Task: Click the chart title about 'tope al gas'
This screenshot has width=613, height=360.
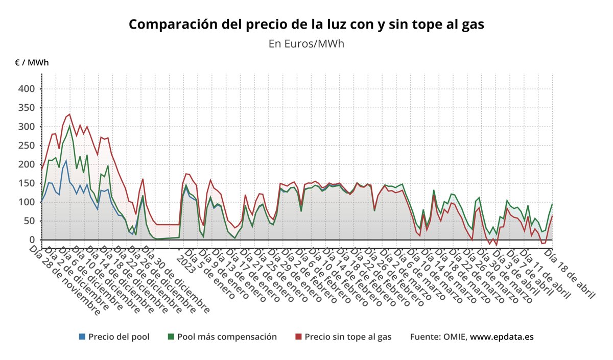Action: pos(306,24)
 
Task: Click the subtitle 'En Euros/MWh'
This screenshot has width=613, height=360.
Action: pos(306,44)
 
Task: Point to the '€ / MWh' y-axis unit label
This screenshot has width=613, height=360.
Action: pos(32,63)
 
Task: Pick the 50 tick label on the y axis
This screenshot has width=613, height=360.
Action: pos(29,221)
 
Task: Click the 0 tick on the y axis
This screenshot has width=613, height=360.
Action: pos(32,240)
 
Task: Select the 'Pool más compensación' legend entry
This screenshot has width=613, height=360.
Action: pos(227,337)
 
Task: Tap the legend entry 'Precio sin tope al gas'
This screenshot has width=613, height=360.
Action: pos(348,337)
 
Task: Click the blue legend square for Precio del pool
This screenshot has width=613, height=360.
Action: pos(82,337)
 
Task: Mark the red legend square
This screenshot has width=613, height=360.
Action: pos(299,337)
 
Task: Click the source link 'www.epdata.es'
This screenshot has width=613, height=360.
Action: pos(502,337)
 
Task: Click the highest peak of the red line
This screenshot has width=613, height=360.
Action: pos(69,114)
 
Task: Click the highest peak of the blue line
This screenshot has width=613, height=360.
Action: pos(66,160)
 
